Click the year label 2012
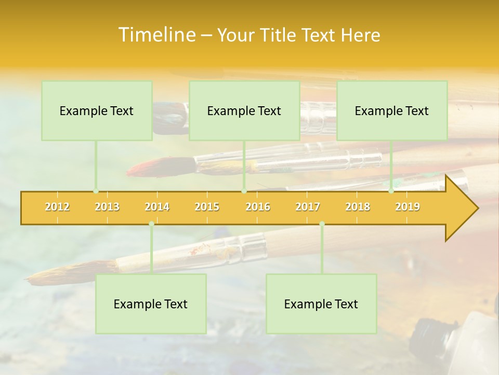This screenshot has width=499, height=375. coord(57,207)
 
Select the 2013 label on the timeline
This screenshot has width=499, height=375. coord(107,207)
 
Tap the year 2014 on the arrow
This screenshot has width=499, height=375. coord(157,207)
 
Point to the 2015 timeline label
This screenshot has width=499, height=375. coord(207,207)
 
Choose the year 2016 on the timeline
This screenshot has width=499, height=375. coord(258,207)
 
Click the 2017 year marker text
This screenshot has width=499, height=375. coord(308,207)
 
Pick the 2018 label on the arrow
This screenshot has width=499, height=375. coord(358,207)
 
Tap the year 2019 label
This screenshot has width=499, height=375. coord(408,207)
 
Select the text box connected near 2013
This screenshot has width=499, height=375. coord(97,110)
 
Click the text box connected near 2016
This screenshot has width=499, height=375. coord(244,110)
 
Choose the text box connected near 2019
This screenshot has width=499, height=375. coord(392,110)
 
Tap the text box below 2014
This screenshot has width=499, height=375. coord(151,304)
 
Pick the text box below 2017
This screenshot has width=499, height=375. coord(321,304)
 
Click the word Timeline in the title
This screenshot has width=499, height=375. coord(156,35)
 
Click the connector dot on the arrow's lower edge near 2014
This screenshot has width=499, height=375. coord(151,224)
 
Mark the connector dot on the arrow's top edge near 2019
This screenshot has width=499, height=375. coord(391,191)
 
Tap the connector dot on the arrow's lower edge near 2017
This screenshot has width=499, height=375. coord(322,224)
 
